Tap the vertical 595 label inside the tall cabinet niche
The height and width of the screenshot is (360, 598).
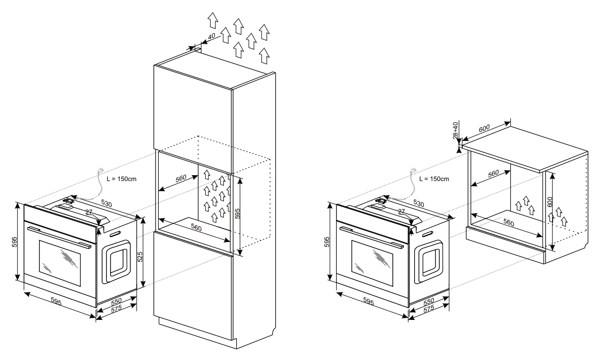point(238,213)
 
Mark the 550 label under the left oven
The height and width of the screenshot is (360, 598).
point(116,302)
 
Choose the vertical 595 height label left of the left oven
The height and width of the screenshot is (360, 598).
point(14,241)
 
